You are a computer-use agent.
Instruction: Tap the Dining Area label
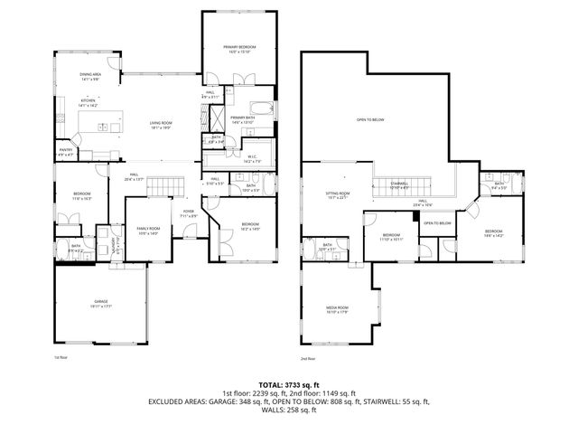90,77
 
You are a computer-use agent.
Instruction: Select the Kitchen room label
89,103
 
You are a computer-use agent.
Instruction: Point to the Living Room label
161,124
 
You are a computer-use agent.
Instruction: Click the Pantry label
66,151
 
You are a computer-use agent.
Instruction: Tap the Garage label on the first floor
101,304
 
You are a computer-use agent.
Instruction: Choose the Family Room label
146,231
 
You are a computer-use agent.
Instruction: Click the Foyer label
189,213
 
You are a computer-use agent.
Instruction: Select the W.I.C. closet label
254,159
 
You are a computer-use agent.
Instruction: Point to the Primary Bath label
242,120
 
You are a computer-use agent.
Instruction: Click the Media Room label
337,310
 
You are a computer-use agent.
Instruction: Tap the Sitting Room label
337,195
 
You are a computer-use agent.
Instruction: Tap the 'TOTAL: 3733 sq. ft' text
288,383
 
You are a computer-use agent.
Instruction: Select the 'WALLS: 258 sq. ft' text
288,410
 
